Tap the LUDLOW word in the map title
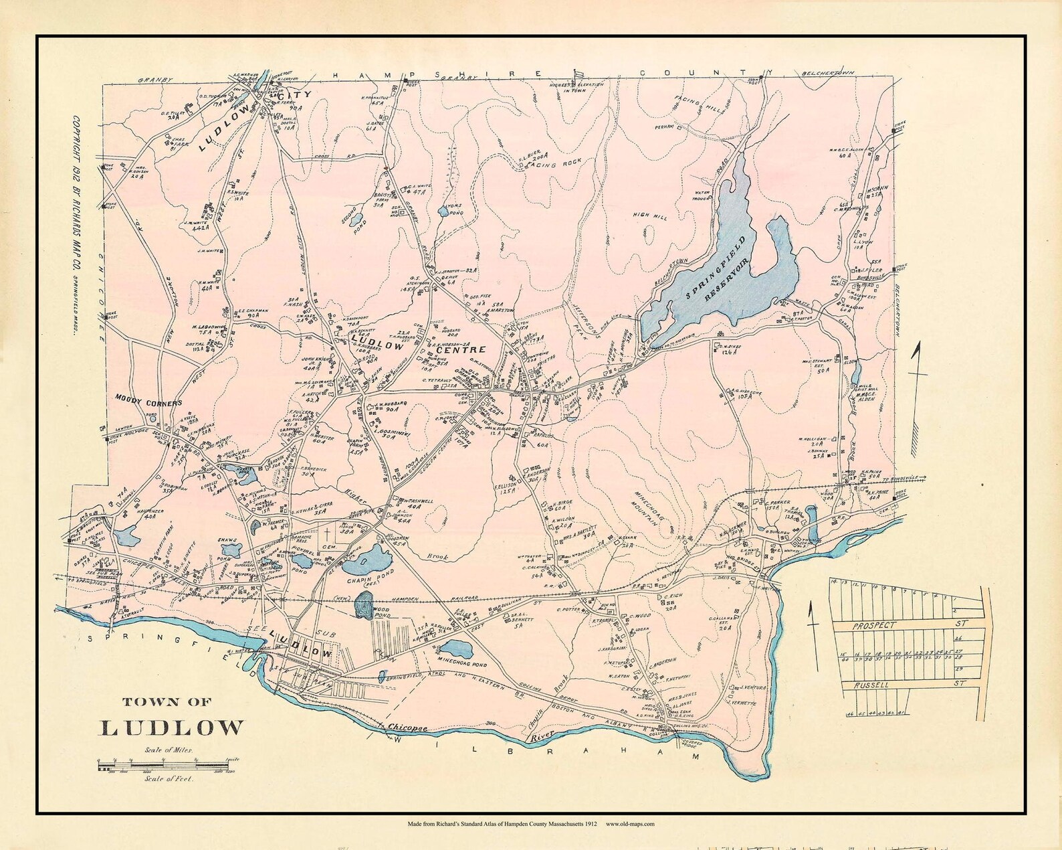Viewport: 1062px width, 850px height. pos(173,728)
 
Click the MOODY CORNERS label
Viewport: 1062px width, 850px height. pos(148,404)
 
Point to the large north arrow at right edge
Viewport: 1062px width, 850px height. pos(918,388)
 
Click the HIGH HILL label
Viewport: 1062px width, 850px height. pos(650,215)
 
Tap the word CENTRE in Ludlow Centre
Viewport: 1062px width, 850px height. pos(459,349)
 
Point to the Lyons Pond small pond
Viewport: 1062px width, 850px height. pos(442,213)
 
